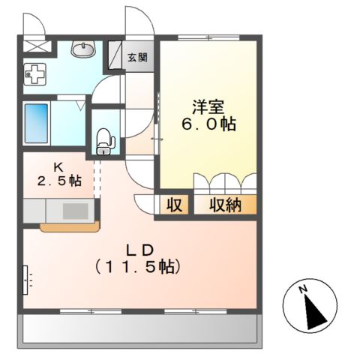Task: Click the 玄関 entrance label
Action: pos(137,58)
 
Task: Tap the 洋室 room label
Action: pos(208,108)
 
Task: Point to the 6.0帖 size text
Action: pos(209,124)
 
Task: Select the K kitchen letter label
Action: pos(58,167)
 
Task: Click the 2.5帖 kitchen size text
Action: pos(59,181)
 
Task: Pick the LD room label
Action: pos(139,250)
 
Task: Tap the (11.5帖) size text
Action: pos(137,266)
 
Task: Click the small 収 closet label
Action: pos(174,205)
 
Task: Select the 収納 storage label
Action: pos(225,205)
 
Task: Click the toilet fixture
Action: pos(105,141)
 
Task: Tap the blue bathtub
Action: pos(36,124)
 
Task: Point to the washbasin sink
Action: pos(83,49)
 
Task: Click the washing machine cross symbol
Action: pos(35,74)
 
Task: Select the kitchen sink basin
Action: pos(75,211)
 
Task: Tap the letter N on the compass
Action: pos(304,289)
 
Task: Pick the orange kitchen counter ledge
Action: pos(70,227)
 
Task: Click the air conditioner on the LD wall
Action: pos(25,280)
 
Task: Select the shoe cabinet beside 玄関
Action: pos(115,55)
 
